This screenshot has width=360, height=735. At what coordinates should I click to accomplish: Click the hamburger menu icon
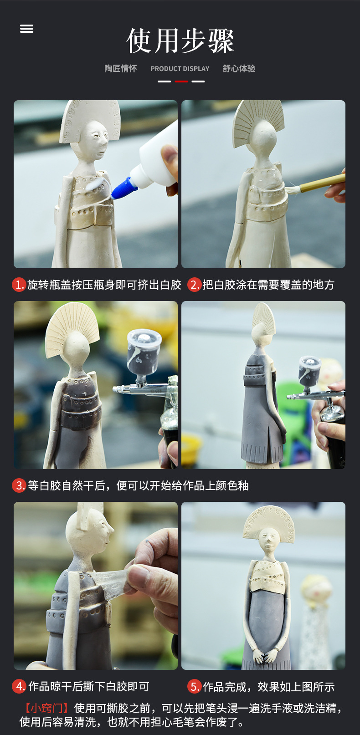pyautogui.click(x=26, y=29)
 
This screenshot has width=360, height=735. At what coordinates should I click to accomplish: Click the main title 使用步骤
pyautogui.click(x=180, y=41)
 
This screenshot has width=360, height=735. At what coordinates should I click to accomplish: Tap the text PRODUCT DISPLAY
pyautogui.click(x=180, y=69)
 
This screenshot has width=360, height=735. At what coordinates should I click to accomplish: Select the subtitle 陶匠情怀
pyautogui.click(x=120, y=69)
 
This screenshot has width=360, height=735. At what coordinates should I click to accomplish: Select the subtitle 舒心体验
pyautogui.click(x=239, y=69)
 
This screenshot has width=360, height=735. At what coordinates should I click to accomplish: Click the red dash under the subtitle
pyautogui.click(x=181, y=82)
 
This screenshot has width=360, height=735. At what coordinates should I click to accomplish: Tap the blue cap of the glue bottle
pyautogui.click(x=124, y=189)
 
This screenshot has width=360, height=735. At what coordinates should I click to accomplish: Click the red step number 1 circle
pyautogui.click(x=19, y=285)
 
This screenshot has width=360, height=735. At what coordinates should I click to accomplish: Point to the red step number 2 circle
pyautogui.click(x=195, y=285)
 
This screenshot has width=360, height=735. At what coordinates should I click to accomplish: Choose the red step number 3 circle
pyautogui.click(x=19, y=485)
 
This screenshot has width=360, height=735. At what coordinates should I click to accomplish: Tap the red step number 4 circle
pyautogui.click(x=19, y=686)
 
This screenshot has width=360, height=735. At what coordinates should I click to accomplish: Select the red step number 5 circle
pyautogui.click(x=195, y=686)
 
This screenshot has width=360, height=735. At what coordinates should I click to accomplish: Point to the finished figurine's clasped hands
pyautogui.click(x=265, y=656)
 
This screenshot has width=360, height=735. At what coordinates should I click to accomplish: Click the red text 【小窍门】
pyautogui.click(x=46, y=708)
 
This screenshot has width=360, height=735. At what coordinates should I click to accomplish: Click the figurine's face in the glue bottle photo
pyautogui.click(x=98, y=137)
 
